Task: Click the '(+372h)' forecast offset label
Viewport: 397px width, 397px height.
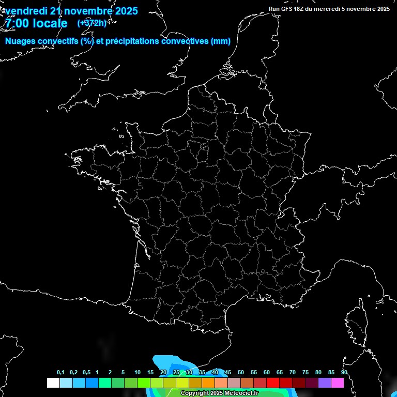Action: click(91, 23)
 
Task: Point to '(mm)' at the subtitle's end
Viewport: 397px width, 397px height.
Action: click(221, 41)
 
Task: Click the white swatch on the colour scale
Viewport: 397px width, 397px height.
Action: click(53, 383)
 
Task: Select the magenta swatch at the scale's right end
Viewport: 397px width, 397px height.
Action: click(338, 383)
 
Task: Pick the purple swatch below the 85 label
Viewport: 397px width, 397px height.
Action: click(325, 383)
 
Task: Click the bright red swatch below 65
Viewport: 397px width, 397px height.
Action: click(273, 383)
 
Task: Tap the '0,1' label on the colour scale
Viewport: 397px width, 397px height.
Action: click(60, 373)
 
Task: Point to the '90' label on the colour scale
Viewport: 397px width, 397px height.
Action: click(344, 373)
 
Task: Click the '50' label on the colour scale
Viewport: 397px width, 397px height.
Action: click(241, 373)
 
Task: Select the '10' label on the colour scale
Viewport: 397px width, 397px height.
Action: click(138, 373)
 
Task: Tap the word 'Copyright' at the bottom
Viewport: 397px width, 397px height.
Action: click(194, 393)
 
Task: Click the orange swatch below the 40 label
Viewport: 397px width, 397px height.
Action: click(208, 383)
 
